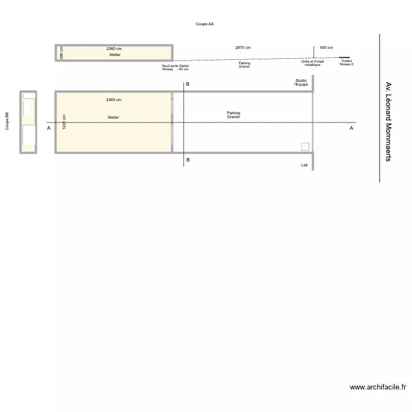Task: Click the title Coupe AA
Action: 204,24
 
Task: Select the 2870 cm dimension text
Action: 242,48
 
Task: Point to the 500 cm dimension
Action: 326,48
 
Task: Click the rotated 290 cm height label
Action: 62,53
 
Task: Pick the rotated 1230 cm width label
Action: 64,122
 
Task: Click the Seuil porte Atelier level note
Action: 175,68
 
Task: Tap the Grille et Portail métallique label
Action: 312,63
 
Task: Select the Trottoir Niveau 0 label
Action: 346,63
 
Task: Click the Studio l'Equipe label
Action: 301,82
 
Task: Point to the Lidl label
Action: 304,165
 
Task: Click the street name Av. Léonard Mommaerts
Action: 388,122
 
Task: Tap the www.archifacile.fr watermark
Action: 377,387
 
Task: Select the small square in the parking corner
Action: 305,147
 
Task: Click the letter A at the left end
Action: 48,128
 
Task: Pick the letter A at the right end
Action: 352,128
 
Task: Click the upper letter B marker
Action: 187,85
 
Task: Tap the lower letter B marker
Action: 187,160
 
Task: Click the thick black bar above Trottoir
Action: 344,57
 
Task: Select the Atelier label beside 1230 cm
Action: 113,118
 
